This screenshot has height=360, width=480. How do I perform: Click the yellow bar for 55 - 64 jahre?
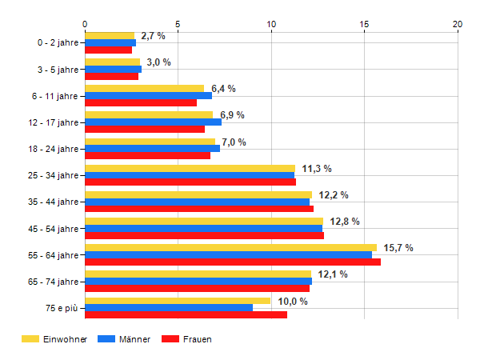tap(231, 248)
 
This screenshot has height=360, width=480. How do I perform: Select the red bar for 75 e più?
tap(186, 314)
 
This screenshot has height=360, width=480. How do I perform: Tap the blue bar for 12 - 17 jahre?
tap(153, 122)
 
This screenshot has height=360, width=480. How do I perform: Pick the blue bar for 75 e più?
tap(169, 308)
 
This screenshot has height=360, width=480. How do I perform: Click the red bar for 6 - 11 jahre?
tap(141, 103)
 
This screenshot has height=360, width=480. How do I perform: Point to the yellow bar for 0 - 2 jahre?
tap(110, 36)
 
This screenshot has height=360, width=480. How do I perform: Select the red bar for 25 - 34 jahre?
tap(190, 182)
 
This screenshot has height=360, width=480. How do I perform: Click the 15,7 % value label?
tap(398, 248)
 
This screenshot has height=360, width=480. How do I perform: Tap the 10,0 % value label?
tap(293, 302)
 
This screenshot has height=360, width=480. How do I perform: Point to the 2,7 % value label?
tap(153, 36)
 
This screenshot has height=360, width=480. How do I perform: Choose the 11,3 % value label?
tap(317, 169)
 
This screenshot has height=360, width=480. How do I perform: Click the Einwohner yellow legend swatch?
tap(30, 339)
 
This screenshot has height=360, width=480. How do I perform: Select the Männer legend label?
tap(134, 339)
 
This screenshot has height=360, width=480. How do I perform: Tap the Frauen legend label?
tap(197, 339)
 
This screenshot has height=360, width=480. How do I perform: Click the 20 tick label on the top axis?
tap(458, 24)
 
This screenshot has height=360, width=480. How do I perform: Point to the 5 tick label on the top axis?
tap(178, 24)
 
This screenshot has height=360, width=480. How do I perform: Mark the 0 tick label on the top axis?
tap(85, 24)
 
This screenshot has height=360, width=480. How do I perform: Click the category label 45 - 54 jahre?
tap(54, 229)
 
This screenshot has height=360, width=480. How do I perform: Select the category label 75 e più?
tap(62, 308)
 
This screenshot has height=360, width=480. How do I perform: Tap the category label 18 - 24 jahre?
tap(54, 149)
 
